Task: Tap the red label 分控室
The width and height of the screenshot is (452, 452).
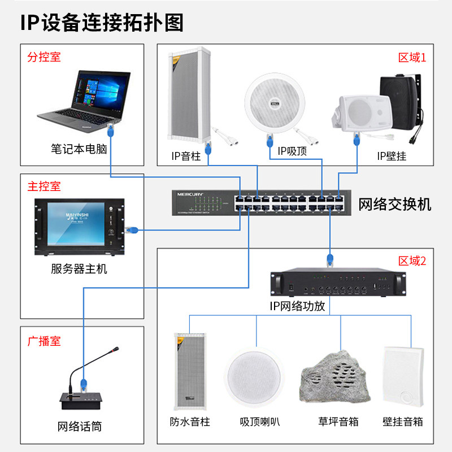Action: [x=44, y=57]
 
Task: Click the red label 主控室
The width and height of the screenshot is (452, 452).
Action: [x=44, y=186]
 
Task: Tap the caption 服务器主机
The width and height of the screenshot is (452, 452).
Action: [x=79, y=270]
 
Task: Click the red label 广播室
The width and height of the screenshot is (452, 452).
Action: [x=44, y=341]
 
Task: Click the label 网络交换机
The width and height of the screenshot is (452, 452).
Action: [x=395, y=204]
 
